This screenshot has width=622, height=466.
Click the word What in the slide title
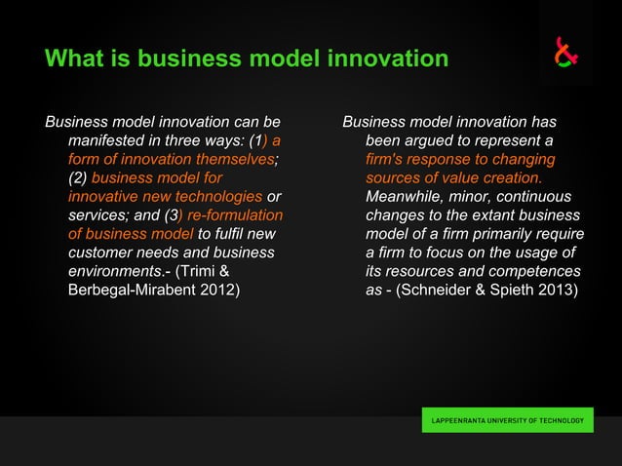(x=73, y=58)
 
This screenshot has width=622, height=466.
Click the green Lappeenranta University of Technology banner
(x=507, y=421)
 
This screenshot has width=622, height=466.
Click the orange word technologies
(x=214, y=197)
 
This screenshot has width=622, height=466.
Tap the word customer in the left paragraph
(x=99, y=252)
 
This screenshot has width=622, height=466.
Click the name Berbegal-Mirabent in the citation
(x=134, y=290)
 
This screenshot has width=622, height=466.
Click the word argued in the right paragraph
(x=432, y=141)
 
